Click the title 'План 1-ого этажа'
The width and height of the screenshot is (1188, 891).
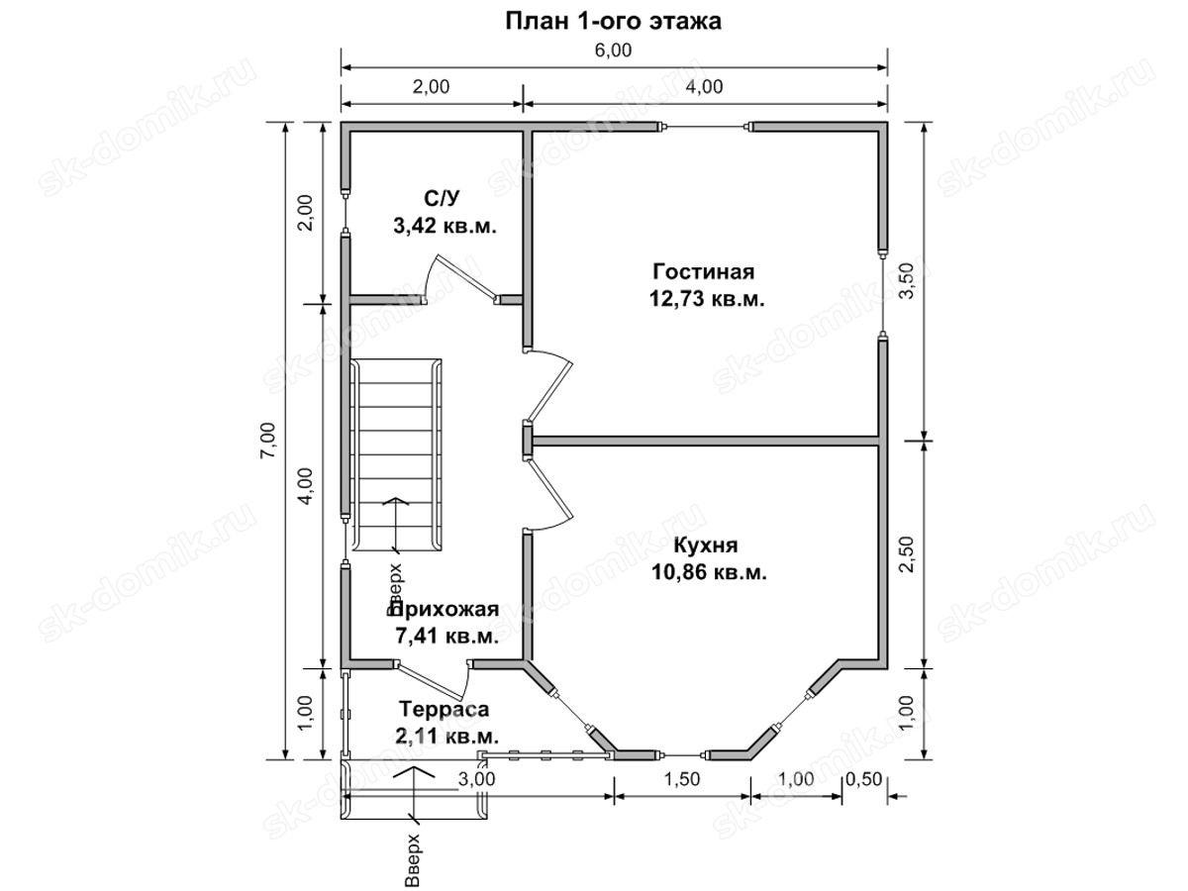point(613,22)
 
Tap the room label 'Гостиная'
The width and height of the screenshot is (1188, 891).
point(703,271)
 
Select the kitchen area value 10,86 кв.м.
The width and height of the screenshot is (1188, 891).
point(709,572)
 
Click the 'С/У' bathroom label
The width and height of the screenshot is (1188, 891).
point(442,199)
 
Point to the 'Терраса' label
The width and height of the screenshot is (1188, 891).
point(444,709)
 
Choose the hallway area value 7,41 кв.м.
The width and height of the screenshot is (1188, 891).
point(447,637)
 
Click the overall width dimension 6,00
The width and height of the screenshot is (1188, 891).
point(613,50)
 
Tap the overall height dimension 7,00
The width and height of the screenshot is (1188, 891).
point(269,440)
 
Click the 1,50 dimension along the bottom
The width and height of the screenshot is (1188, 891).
point(681,779)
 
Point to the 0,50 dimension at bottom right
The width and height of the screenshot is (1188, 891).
point(863,779)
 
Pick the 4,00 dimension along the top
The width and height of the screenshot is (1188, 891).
point(704,86)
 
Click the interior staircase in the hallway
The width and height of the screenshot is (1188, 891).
point(396,455)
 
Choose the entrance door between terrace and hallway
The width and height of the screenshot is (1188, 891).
point(433,680)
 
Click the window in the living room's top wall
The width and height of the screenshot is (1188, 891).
point(704,127)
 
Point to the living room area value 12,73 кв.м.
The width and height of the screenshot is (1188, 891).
point(707,299)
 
